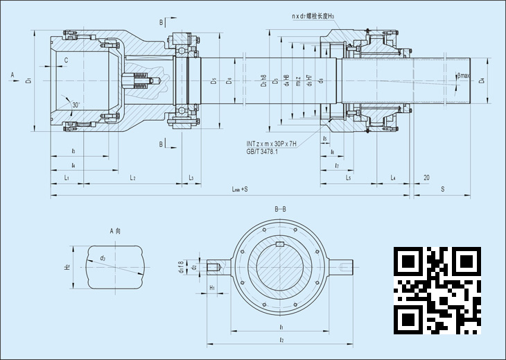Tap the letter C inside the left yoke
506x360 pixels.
(66, 60)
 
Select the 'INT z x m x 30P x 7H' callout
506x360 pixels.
(272, 144)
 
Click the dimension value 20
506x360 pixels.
(426, 178)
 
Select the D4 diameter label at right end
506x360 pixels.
(482, 81)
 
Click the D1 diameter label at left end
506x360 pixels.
(28, 81)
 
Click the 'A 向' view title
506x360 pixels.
(116, 230)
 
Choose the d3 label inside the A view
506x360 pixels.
(103, 258)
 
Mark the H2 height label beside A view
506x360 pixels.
(67, 267)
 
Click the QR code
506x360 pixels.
(437, 290)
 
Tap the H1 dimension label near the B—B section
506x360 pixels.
(212, 286)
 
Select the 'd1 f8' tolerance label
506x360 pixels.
(182, 266)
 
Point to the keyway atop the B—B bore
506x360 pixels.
(280, 243)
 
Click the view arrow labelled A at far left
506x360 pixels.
(12, 73)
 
